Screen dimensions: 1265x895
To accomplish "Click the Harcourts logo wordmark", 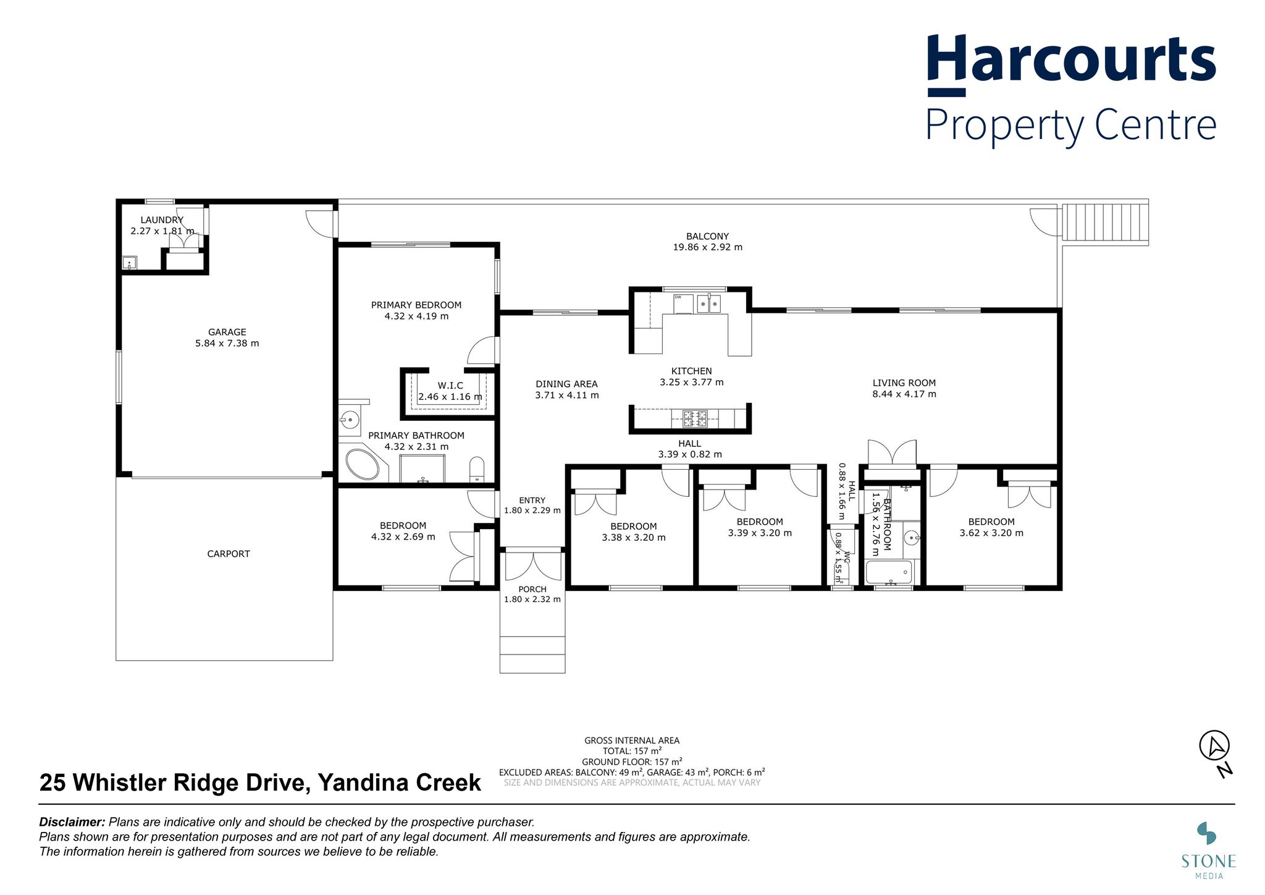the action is click(x=1072, y=64).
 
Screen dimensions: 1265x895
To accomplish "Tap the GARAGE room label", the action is click(x=227, y=332).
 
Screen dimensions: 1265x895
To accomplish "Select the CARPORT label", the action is click(x=229, y=554).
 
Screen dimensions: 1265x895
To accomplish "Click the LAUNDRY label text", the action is click(x=162, y=220).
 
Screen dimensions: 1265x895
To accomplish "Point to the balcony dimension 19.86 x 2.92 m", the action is click(x=708, y=247).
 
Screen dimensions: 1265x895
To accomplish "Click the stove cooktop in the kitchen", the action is click(x=695, y=419).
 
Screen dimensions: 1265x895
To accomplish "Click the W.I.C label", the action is click(x=450, y=385).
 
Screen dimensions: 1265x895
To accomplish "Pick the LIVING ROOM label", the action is click(x=904, y=383).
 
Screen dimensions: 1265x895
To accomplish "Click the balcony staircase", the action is click(x=1105, y=223).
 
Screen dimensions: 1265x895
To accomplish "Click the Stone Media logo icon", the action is click(x=1207, y=833).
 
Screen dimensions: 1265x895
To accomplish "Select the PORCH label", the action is click(x=532, y=590).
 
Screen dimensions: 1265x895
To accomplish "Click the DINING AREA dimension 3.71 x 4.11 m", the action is click(x=567, y=396).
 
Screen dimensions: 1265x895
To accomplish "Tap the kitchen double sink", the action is click(x=709, y=303).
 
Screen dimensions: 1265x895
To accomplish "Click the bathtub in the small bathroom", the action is click(x=889, y=572).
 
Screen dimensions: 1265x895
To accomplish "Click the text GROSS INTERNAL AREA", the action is click(x=632, y=740).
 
